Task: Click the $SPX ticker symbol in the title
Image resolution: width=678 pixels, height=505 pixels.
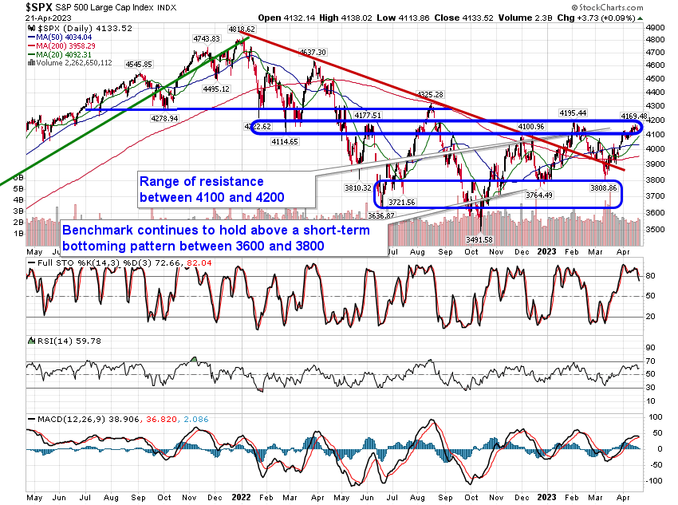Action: point(18,7)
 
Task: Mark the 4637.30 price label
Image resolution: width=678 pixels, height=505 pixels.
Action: point(314,52)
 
